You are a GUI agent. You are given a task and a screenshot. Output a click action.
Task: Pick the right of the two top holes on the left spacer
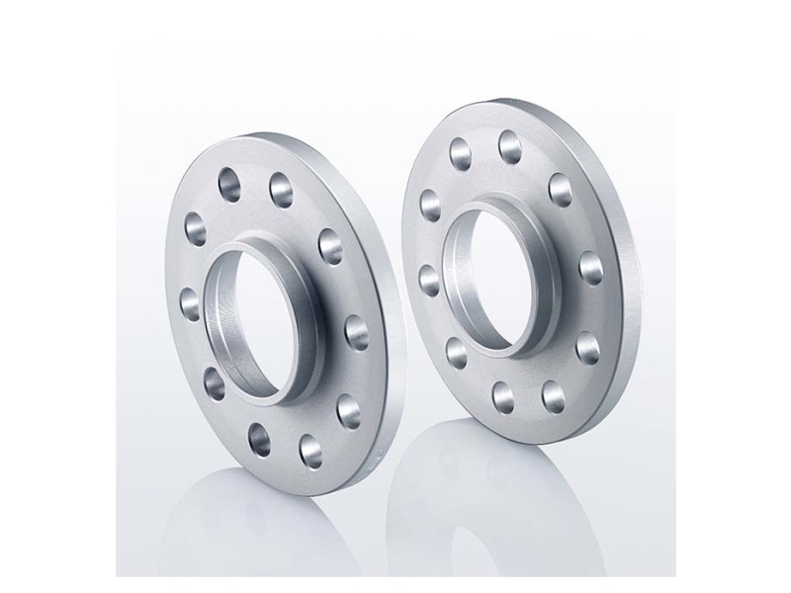click(279, 187)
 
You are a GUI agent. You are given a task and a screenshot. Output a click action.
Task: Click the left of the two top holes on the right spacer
click(461, 151)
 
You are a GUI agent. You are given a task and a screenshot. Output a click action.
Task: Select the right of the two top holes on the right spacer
click(512, 145)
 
